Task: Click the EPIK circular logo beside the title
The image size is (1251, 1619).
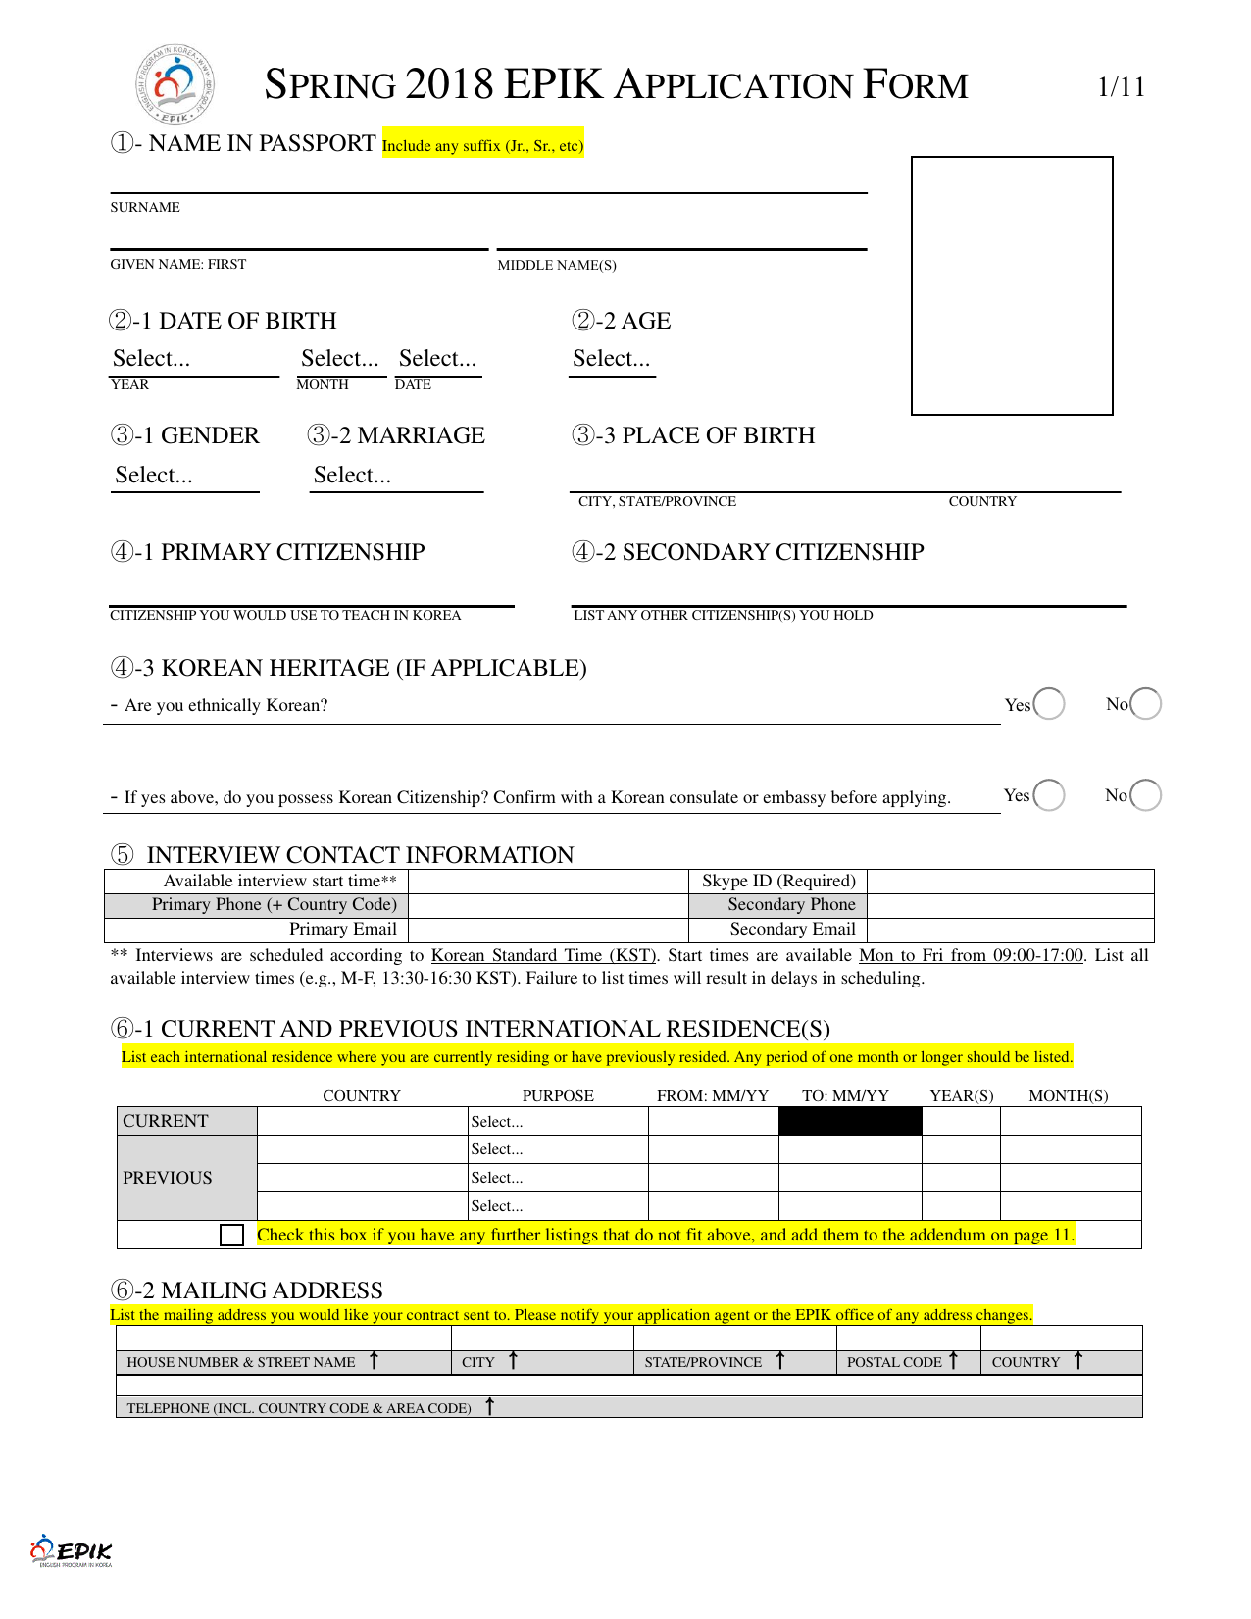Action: click(175, 84)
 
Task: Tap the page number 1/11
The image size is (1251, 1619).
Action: click(1121, 87)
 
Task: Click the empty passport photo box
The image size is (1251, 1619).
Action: click(1012, 285)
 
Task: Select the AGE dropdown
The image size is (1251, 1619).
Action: click(612, 359)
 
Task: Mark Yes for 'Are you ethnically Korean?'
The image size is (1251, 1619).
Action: click(1048, 704)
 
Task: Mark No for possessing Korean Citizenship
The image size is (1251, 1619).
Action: click(1145, 794)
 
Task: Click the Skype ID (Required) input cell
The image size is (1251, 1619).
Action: click(1010, 881)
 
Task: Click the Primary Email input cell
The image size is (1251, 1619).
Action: click(549, 930)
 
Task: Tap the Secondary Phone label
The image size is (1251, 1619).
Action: click(791, 904)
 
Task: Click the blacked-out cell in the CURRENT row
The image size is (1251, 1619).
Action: click(850, 1121)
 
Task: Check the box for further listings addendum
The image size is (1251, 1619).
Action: click(232, 1235)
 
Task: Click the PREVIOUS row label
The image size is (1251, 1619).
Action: click(168, 1178)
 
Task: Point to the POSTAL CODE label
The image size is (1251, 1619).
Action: click(893, 1362)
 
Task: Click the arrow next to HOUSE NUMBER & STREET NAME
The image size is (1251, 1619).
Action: click(374, 1360)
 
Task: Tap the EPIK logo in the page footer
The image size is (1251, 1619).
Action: click(71, 1550)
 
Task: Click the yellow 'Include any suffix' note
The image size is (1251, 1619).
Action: click(482, 145)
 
